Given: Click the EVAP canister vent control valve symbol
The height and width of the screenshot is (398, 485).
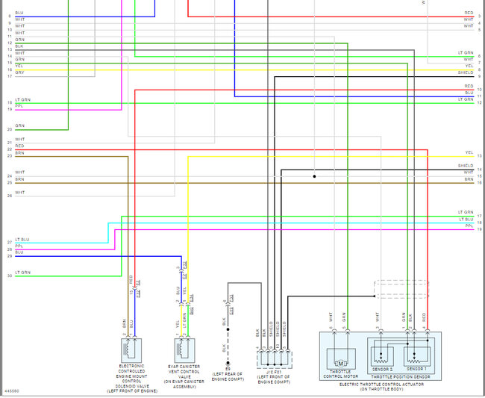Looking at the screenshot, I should click(x=183, y=349).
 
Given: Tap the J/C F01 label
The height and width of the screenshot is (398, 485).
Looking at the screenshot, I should click(x=273, y=371).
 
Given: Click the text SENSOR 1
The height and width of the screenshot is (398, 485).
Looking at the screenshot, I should click(x=417, y=369).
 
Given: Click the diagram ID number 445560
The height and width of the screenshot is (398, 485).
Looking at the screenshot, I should click(x=12, y=391).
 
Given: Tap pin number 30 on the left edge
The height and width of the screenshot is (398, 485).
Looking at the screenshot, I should click(x=9, y=276).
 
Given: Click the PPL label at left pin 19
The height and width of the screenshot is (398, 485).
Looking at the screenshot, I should click(x=19, y=109).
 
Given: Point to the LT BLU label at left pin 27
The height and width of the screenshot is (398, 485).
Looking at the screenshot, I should click(x=22, y=240).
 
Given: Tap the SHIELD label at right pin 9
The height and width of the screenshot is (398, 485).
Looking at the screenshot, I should click(x=465, y=72).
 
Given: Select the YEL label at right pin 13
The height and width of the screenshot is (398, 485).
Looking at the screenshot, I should click(x=469, y=152).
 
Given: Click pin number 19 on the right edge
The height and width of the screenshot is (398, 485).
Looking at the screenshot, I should click(x=480, y=228).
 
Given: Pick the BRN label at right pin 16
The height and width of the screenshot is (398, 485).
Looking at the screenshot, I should click(x=469, y=179).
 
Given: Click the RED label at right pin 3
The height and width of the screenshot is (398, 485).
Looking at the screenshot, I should click(x=469, y=13).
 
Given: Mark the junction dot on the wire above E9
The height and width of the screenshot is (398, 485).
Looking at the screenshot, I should click(x=228, y=329).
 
